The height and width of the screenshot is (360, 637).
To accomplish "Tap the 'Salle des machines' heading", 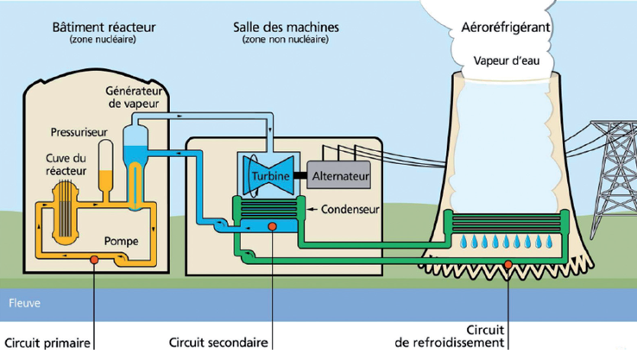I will tap(286, 27).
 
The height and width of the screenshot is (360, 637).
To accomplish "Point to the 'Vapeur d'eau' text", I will tap(508, 60).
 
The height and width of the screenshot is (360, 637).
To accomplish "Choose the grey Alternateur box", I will tap(341, 176).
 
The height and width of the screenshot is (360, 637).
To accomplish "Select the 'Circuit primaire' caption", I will tap(46, 342).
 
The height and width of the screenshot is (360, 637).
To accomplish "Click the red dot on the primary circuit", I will tap(92, 259).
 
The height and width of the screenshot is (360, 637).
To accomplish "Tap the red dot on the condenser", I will tap(272, 227).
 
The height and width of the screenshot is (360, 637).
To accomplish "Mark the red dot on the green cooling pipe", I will tap(509, 263).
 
